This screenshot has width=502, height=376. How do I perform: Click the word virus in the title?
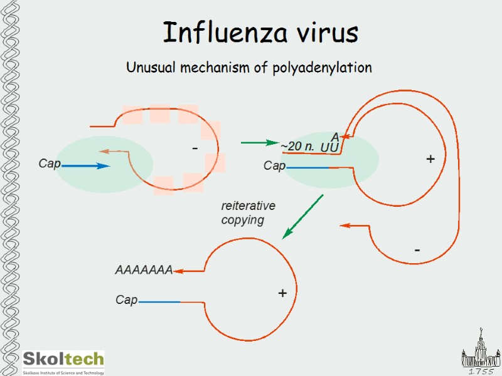[321, 33]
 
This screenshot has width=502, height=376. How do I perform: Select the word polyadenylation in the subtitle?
[322, 68]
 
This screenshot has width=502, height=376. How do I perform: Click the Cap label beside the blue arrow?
[49, 164]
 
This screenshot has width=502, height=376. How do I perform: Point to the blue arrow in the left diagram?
[85, 166]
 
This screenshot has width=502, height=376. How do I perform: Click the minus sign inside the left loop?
[195, 149]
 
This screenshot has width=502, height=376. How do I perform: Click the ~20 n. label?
[297, 147]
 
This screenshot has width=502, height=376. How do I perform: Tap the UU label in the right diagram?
[329, 147]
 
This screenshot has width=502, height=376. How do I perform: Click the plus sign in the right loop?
[430, 159]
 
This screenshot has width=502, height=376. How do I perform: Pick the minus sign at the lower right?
[417, 250]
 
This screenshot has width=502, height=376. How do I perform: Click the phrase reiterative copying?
[248, 213]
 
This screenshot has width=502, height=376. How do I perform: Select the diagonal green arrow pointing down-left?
[302, 216]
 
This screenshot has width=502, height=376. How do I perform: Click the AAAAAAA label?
[144, 271]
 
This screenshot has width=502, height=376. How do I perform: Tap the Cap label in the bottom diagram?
[126, 301]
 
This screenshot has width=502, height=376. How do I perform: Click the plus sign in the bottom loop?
[282, 293]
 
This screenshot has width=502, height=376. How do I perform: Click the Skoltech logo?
[63, 362]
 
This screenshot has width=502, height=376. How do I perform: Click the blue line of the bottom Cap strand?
[159, 302]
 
